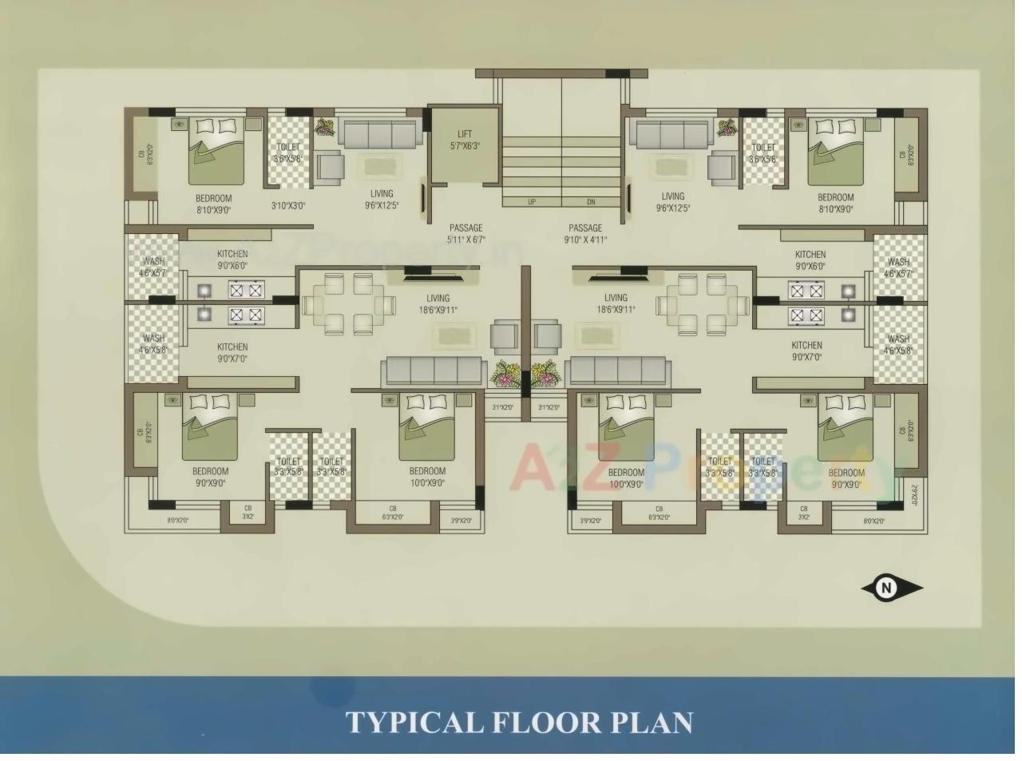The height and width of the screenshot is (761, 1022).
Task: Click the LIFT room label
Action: coord(465,134)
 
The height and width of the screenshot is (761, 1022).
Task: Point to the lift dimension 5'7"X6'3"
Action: coord(465,146)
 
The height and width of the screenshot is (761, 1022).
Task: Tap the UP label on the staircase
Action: coord(532,202)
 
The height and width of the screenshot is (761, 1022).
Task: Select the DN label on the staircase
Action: coord(591,202)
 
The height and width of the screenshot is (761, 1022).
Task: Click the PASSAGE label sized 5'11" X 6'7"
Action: coord(465,228)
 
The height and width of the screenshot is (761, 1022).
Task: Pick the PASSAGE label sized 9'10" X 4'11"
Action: coord(585,228)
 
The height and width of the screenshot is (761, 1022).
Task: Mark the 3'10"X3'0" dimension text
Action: coord(288,205)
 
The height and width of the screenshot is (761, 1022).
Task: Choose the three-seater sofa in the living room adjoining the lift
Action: coord(380,133)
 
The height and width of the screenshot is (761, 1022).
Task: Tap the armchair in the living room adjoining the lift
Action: coord(329,168)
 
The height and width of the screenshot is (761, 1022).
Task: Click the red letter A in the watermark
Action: coord(530,466)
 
